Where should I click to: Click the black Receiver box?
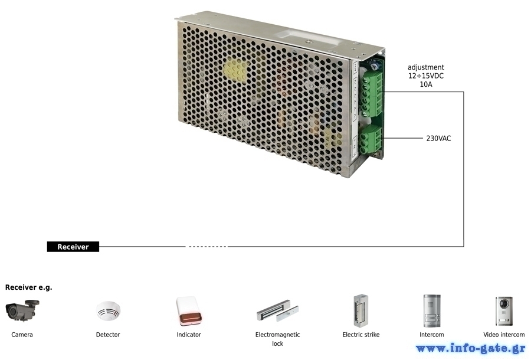point(73,247)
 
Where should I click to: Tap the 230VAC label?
point(438,138)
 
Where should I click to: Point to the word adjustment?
point(425,67)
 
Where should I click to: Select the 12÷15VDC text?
point(425,76)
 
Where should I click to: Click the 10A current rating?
point(426,84)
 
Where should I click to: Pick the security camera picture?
point(22,310)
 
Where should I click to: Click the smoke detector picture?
point(108,310)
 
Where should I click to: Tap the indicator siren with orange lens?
point(189,311)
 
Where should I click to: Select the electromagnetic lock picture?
point(278,310)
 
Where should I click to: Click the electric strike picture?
point(361,310)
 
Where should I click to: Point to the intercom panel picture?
point(432,310)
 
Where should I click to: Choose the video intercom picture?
point(504,311)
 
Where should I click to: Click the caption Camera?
point(22,335)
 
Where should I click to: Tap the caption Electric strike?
point(361,335)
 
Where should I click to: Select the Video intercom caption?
point(504,335)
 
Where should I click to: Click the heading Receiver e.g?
point(29,287)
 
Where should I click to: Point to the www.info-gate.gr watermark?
point(471,348)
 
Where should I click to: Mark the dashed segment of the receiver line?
point(207,247)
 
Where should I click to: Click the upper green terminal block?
point(372,94)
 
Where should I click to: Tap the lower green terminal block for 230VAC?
point(371,139)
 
